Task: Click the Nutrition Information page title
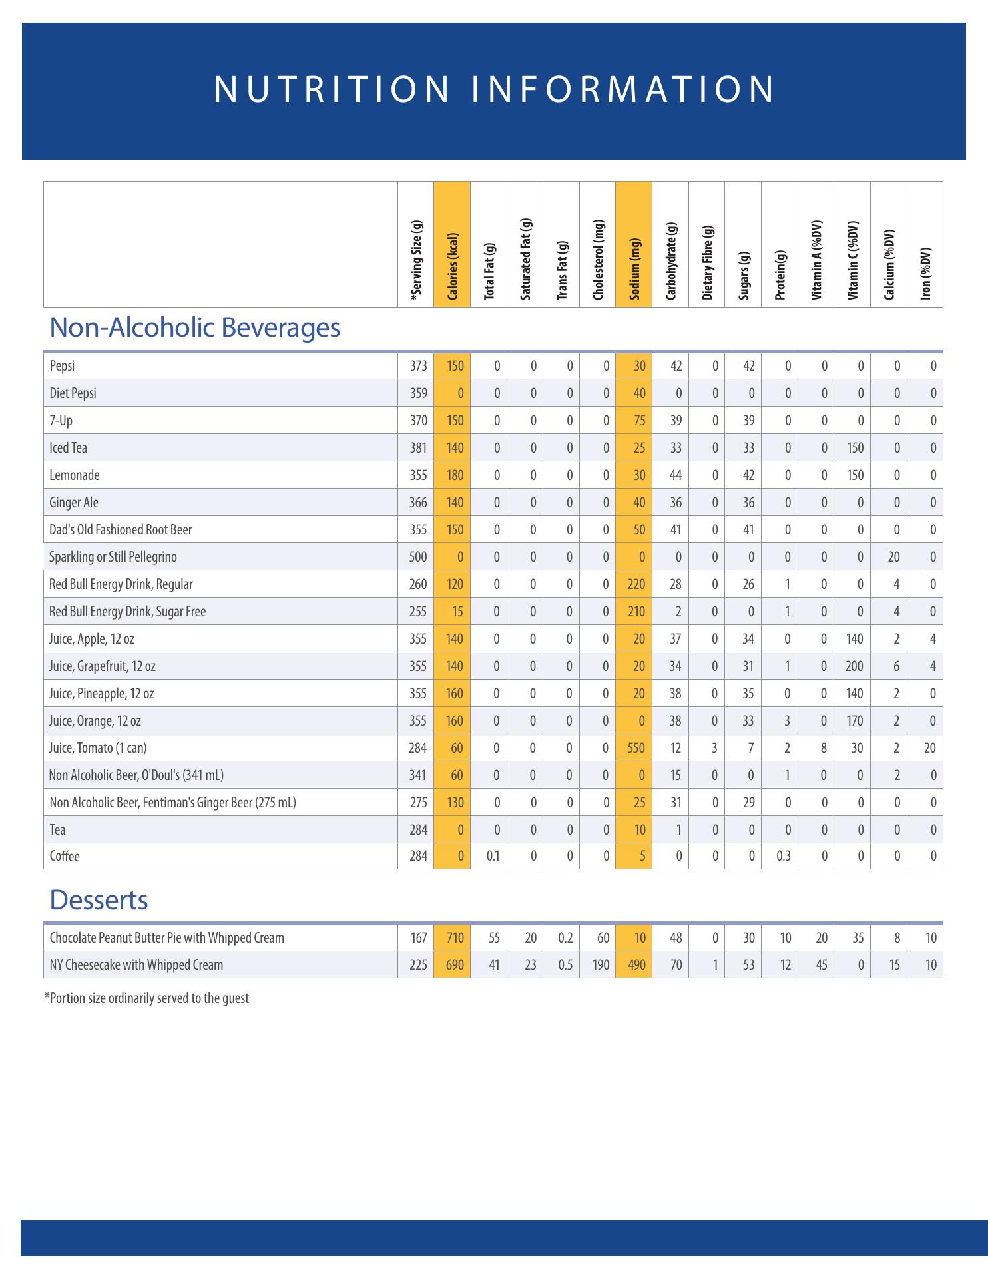494,89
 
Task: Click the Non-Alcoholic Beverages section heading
195,327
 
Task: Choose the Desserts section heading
99,900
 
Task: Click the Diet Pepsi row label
73,393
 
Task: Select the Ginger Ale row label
74,503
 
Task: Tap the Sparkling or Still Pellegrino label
113,557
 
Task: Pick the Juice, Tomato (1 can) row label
98,748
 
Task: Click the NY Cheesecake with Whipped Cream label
136,965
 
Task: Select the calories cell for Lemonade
455,475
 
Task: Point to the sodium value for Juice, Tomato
636,748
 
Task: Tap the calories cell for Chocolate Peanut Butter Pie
455,938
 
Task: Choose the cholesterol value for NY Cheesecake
601,965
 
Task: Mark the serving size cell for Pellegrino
418,557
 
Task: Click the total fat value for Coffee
493,857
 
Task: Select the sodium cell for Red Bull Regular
636,584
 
